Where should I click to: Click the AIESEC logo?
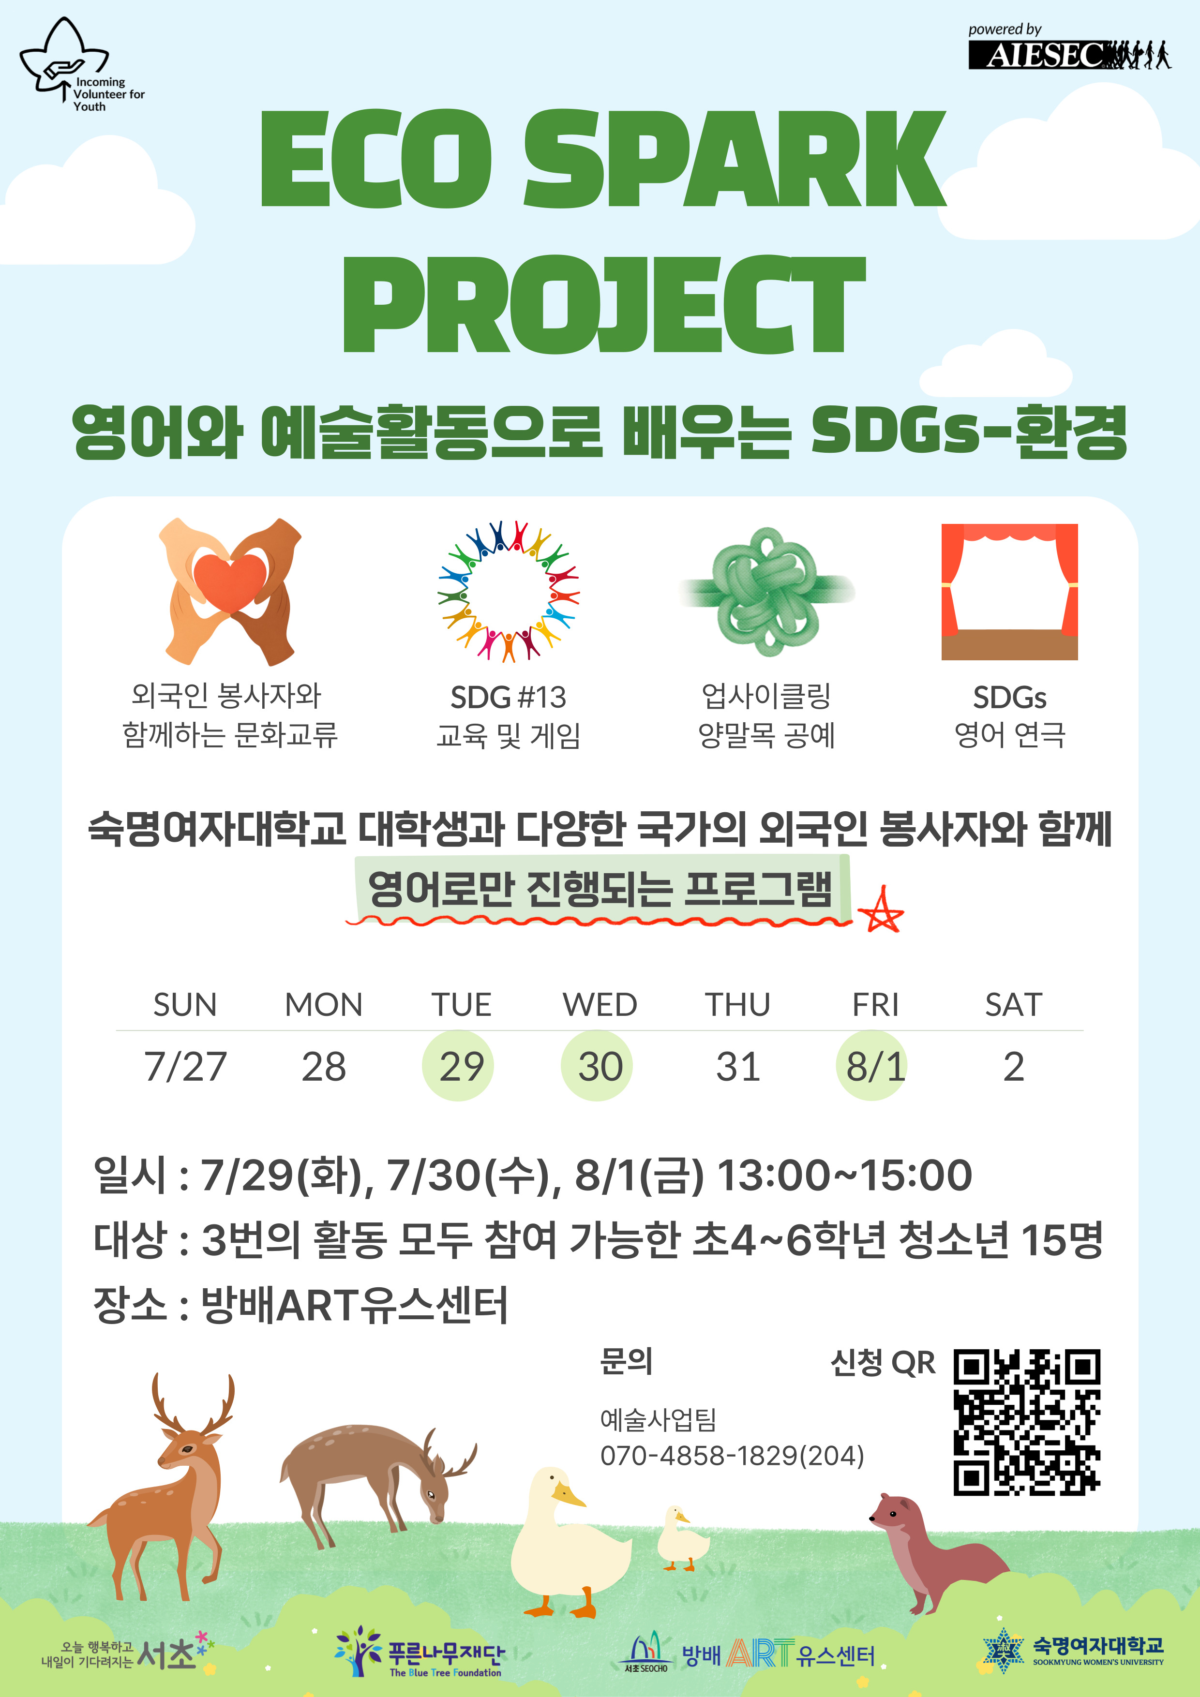pyautogui.click(x=1069, y=49)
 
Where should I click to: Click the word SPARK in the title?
pyautogui.click(x=735, y=158)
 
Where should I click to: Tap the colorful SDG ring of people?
pyautogui.click(x=508, y=591)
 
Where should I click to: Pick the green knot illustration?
pyautogui.click(x=767, y=591)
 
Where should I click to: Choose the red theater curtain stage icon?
pyautogui.click(x=1009, y=591)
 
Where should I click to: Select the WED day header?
pyautogui.click(x=600, y=1004)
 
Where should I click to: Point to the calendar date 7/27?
pyautogui.click(x=185, y=1067)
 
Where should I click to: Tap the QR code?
pyautogui.click(x=1027, y=1422)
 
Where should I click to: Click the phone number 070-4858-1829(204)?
pyautogui.click(x=732, y=1455)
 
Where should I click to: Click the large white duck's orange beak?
pyautogui.click(x=568, y=1495)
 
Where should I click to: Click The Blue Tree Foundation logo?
pyautogui.click(x=419, y=1651)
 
